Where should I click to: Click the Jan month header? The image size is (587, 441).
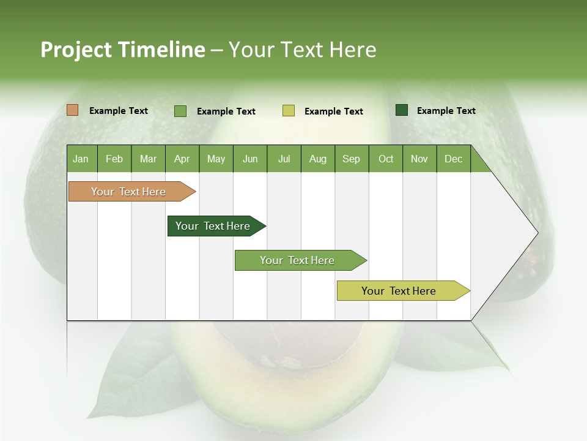point(81,159)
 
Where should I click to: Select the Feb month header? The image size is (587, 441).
point(114,159)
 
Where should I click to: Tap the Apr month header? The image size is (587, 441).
point(182,159)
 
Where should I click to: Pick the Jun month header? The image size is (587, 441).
point(250,159)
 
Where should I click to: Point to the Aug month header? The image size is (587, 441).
point(318,159)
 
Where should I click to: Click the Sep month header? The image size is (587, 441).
point(351,159)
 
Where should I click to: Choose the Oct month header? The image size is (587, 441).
point(386,159)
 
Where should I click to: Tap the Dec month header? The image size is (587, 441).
point(453,159)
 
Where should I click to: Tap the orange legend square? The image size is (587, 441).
point(73,110)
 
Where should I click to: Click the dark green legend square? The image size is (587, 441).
point(402,110)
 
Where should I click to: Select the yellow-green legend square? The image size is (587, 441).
point(289,111)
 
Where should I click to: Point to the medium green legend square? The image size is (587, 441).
point(180,111)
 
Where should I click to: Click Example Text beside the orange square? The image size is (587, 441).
point(119,111)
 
